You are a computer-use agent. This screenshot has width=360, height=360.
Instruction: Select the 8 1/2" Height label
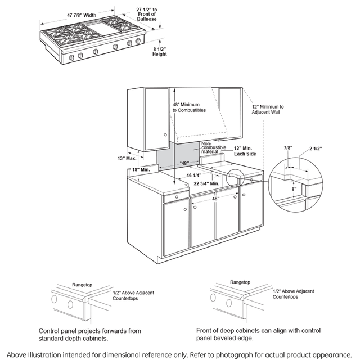(160, 53)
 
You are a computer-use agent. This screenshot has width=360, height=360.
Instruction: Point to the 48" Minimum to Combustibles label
(189, 107)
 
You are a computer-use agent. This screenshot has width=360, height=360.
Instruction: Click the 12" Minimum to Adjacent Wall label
(268, 109)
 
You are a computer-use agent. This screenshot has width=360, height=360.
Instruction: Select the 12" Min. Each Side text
(245, 150)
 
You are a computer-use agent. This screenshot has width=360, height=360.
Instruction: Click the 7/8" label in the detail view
(288, 148)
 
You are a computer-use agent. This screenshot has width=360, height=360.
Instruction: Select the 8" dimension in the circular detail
(293, 190)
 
